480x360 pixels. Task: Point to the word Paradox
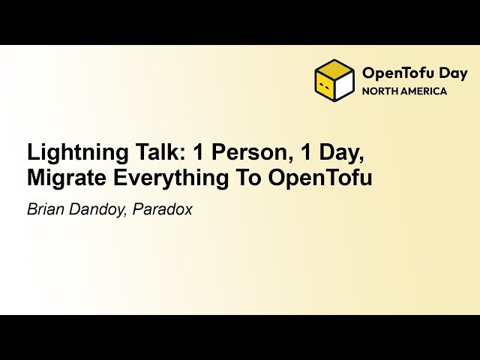coord(163,209)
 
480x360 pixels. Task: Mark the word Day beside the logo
coord(453,73)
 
